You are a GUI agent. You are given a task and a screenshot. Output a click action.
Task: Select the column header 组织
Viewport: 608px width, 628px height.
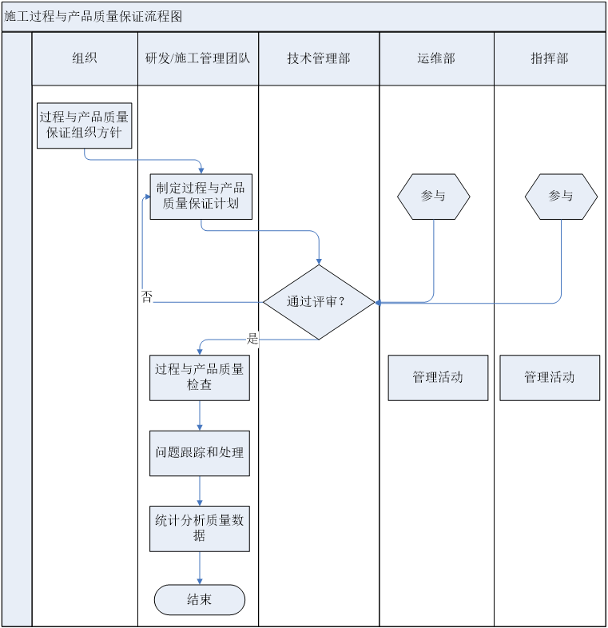click(x=85, y=58)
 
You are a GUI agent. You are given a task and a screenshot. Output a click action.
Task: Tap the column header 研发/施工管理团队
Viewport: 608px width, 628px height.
click(x=197, y=58)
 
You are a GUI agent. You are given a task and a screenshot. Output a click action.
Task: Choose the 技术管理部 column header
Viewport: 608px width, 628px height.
click(x=319, y=58)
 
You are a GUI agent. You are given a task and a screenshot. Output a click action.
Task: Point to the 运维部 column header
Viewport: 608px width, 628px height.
click(x=436, y=58)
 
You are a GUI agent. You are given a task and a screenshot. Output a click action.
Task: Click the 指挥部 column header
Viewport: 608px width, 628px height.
click(x=549, y=58)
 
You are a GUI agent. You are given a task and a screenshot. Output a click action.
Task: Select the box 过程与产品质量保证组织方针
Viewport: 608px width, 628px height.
click(x=84, y=125)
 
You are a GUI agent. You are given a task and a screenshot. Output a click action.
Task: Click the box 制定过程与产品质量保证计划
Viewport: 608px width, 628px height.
click(x=201, y=197)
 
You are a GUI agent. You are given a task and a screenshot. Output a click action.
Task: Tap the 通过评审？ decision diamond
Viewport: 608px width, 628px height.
click(x=319, y=302)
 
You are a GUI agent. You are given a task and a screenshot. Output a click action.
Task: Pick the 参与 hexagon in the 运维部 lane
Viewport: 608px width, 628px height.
click(x=433, y=197)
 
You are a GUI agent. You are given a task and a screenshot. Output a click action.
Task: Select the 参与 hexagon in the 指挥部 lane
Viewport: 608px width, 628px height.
click(x=561, y=197)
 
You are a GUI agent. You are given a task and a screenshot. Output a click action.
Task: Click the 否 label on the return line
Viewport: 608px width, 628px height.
click(x=147, y=297)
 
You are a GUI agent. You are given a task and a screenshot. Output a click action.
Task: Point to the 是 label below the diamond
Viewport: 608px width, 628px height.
click(x=252, y=339)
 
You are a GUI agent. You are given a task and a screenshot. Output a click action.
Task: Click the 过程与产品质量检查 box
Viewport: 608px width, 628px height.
click(x=200, y=377)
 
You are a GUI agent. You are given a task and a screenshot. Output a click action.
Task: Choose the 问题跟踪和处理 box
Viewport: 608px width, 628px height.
click(x=200, y=453)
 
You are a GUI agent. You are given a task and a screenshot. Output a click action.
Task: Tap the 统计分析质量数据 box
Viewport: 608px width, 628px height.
click(x=200, y=528)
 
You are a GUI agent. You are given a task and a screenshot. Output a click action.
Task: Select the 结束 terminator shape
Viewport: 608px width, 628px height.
click(x=200, y=600)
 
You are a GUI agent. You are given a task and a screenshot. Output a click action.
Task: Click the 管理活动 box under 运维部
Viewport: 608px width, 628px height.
click(x=438, y=378)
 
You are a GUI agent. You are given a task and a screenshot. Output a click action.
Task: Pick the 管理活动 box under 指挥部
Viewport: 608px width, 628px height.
click(x=550, y=378)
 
